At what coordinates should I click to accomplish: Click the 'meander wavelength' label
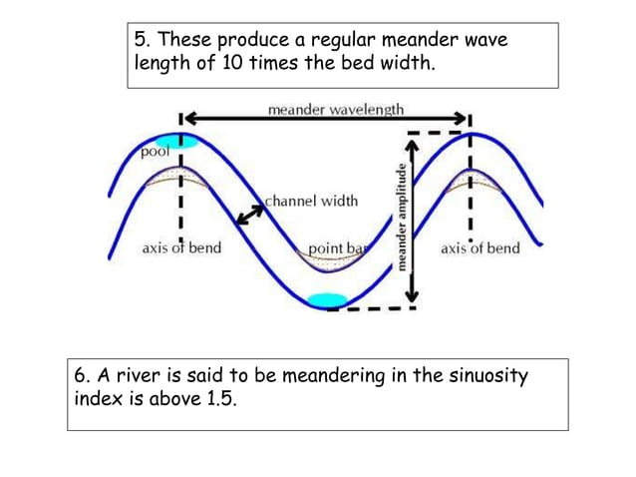pos(336,108)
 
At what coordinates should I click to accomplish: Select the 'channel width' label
pos(310,201)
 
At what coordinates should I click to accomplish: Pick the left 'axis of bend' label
pos(181,247)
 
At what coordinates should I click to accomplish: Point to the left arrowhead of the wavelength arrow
pos(186,119)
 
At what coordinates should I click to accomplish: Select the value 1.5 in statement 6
pos(224,405)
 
